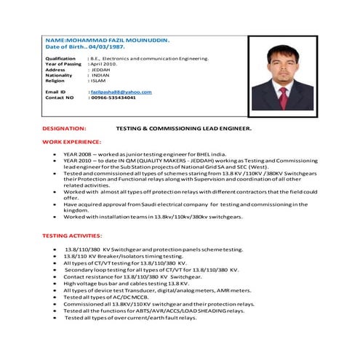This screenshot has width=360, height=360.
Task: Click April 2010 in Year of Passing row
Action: pos(104,63)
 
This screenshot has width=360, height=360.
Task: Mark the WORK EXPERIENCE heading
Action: pos(71,141)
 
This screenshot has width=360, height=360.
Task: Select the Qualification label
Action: pos(60,57)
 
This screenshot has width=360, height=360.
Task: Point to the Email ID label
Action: pos(55,92)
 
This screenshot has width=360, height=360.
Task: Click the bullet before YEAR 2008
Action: pos(56,155)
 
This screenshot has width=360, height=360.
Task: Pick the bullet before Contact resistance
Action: pos(56,276)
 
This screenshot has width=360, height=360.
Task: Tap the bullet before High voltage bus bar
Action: pos(56,283)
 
